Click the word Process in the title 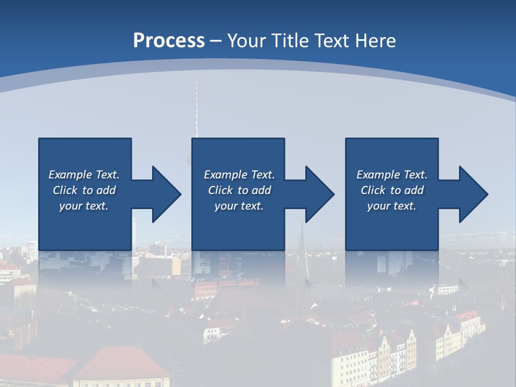pos(169,41)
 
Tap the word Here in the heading pos(375,41)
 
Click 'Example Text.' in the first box pos(84,175)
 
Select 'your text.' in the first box pos(84,206)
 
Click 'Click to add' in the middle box pos(239,190)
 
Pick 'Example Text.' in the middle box pos(239,175)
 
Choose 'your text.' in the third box pos(392,206)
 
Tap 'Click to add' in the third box pos(392,190)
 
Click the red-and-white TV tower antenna pos(196,107)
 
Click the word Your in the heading pos(245,41)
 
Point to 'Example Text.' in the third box pos(392,175)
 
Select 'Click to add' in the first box pos(84,190)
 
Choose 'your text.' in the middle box pos(239,206)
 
